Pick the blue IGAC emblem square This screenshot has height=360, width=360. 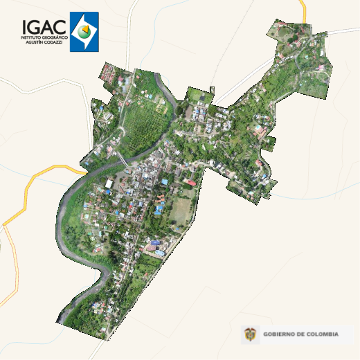84,32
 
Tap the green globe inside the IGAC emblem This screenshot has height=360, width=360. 84,32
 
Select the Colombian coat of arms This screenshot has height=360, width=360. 250,335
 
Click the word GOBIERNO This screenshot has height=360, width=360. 279,335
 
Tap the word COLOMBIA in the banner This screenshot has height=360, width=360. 322,335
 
